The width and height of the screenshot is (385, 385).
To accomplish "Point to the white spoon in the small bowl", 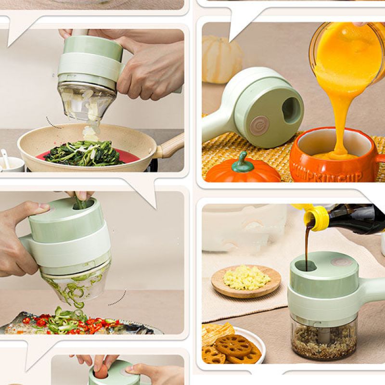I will click(x=5, y=158).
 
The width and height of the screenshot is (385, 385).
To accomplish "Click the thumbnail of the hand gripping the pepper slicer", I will click(x=43, y=206).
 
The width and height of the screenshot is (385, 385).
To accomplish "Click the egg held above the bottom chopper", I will click(x=102, y=371).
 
